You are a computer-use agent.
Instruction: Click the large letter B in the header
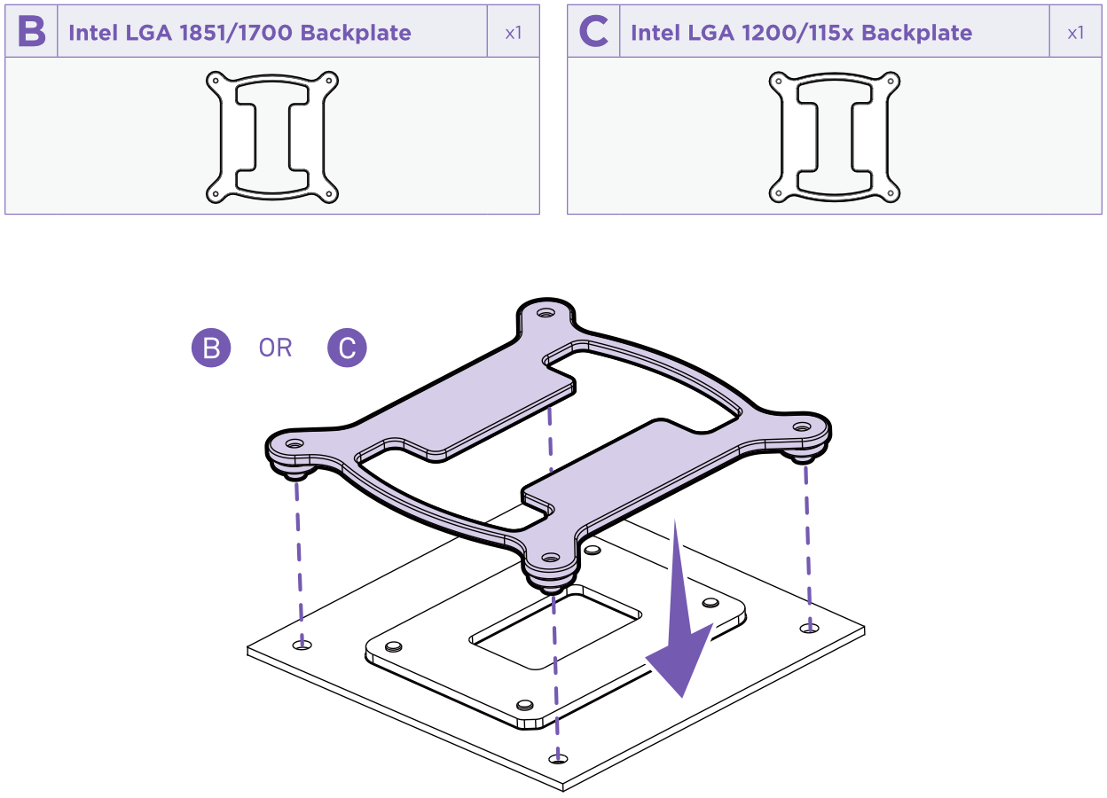31,33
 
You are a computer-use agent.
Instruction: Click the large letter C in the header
593,33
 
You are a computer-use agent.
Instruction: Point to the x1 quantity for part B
514,33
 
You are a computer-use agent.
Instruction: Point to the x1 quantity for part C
1075,33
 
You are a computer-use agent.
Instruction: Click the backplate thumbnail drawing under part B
272,137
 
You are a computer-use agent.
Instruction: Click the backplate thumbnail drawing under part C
835,137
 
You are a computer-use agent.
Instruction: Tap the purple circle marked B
211,348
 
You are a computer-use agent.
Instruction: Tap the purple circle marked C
347,348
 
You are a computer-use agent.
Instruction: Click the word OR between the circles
275,348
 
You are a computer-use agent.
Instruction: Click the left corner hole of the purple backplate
295,442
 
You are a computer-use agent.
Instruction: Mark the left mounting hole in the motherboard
302,645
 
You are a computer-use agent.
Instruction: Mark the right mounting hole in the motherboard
807,628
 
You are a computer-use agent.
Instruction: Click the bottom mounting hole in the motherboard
558,758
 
